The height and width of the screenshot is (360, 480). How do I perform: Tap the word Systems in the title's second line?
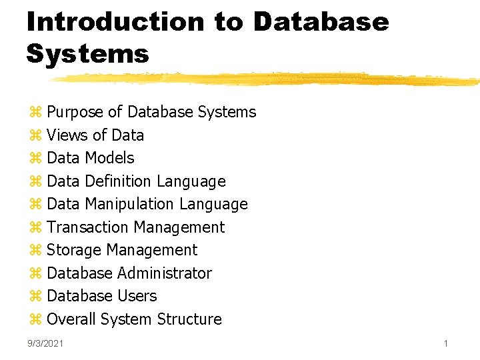87,53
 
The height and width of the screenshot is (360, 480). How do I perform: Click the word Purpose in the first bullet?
75,112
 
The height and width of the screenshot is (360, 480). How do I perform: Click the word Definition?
118,181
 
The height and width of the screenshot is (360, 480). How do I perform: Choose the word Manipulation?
132,204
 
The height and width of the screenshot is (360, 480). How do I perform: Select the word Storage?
74,250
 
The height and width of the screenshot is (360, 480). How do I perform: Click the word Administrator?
165,273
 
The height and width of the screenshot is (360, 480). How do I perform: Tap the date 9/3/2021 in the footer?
45,343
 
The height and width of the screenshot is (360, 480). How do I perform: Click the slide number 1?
445,343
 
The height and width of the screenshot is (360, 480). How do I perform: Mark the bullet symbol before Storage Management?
35,251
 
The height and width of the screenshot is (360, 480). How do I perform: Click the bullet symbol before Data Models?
35,159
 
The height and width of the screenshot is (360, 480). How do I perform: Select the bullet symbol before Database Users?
35,297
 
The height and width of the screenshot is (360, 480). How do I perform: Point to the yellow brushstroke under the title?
267,79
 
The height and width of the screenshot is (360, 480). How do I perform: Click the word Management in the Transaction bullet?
181,227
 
